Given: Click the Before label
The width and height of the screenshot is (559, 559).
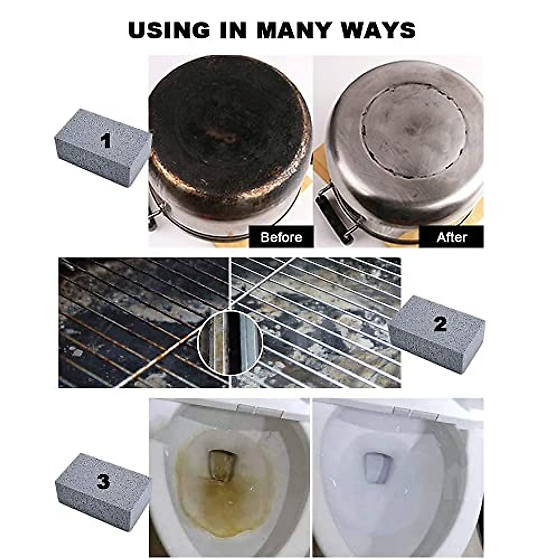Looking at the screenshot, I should [281, 237].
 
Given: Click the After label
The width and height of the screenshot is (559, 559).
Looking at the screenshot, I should [451, 237].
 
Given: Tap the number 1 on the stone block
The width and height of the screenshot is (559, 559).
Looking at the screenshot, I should [107, 140].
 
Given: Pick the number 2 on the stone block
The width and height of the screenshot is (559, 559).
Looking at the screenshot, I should [440, 324].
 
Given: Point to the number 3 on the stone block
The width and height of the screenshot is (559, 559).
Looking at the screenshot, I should [103, 481].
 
